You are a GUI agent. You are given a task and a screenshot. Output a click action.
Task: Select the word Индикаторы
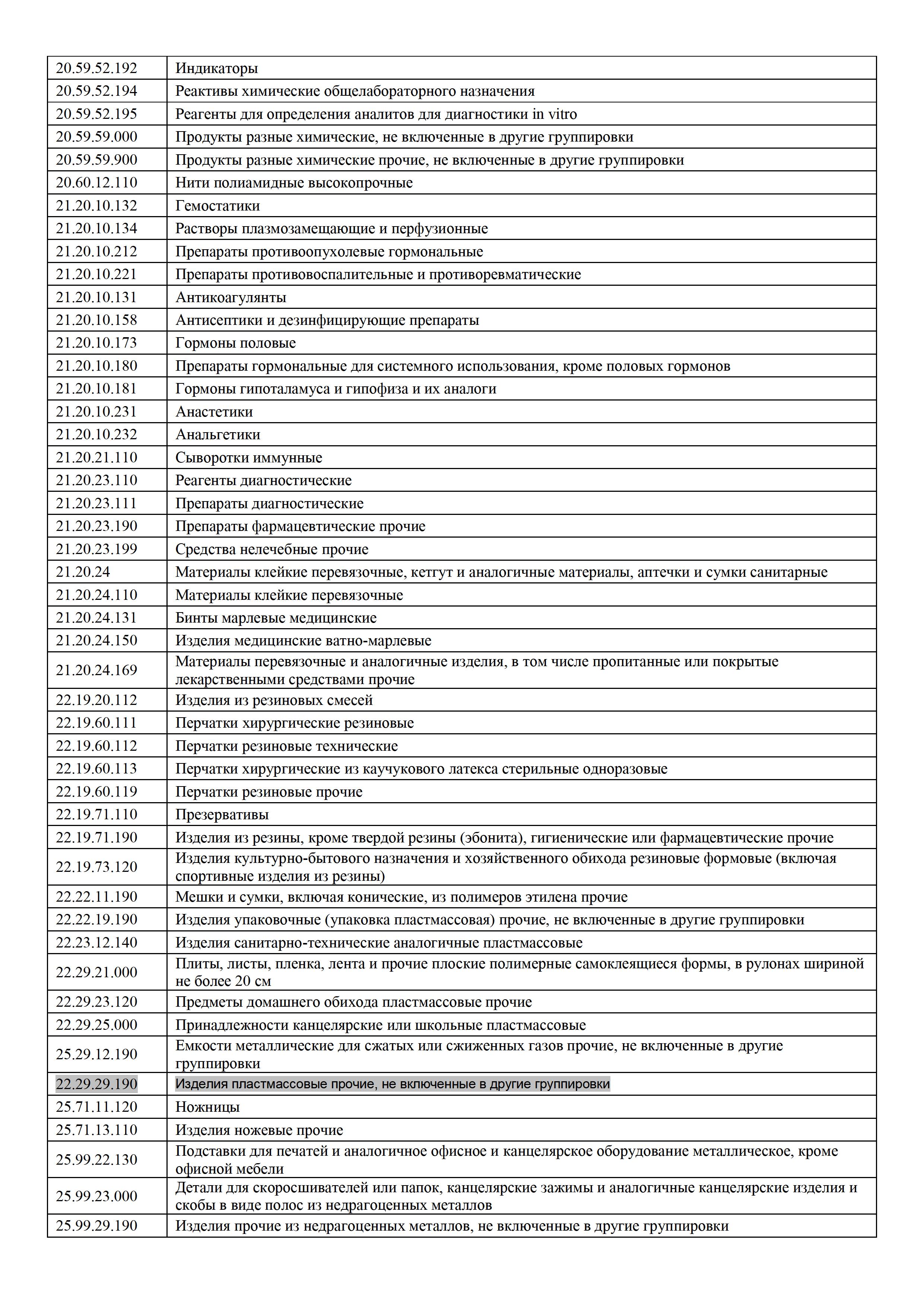click(216, 68)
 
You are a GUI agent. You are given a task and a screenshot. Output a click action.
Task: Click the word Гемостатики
click(217, 206)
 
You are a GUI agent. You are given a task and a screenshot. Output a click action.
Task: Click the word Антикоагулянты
click(231, 297)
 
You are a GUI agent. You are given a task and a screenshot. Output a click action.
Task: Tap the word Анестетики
click(214, 412)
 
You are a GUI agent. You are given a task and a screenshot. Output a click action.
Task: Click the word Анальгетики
click(217, 434)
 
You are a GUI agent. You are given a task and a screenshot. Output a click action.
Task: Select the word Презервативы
click(222, 814)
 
